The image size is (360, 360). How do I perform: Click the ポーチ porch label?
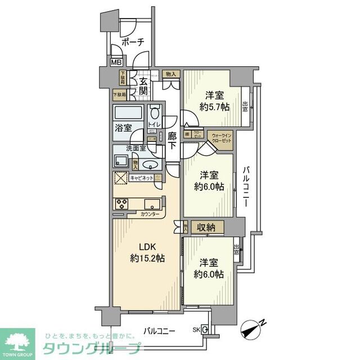133,42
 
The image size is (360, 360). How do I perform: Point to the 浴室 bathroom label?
124,127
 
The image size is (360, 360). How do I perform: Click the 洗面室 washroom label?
136,149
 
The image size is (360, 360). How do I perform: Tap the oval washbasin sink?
150,164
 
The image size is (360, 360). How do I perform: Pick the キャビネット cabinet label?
142,178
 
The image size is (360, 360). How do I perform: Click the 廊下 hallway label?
173,141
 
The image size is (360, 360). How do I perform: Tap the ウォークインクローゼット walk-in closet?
220,139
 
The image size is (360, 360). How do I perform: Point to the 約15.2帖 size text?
146,258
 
